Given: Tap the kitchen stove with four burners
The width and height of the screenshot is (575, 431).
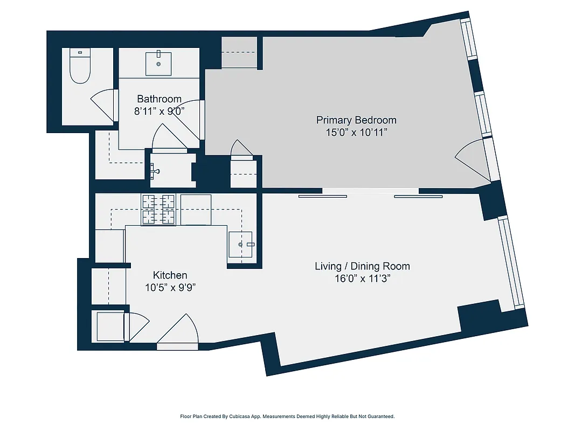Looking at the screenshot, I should pos(158,209).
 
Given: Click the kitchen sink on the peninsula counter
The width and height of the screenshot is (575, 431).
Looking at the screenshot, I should pos(240,245).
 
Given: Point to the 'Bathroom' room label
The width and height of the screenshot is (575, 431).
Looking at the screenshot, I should pos(159,99).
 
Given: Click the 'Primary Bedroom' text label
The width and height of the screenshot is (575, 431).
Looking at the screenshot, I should pos(356,120).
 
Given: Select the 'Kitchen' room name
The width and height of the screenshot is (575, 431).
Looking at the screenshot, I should pos(170,275).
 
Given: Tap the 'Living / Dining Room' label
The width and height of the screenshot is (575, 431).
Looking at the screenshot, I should pos(362,266).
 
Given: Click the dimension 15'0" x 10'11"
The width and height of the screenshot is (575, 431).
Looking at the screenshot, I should pos(356,133).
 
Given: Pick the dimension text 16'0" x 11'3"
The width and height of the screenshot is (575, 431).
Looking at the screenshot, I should pos(362,279).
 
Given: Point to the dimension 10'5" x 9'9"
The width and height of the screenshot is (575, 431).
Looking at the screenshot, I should pos(170,288).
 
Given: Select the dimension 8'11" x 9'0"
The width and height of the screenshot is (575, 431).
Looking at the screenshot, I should pos(159,112).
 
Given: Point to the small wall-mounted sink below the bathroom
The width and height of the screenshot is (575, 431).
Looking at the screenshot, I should pos(156,171).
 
